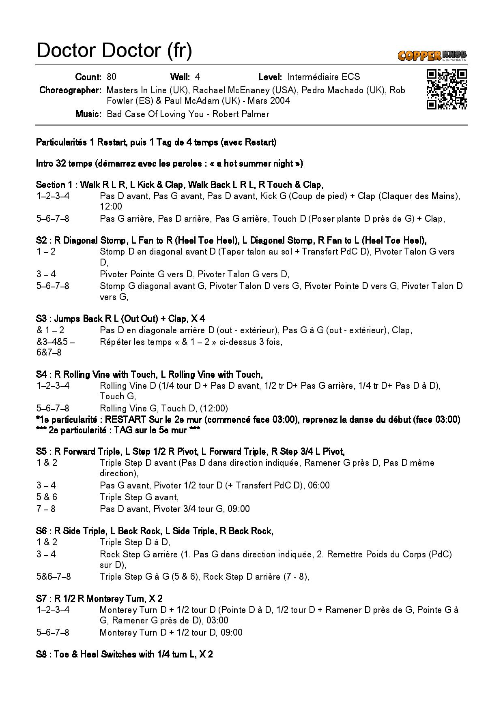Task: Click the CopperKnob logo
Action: [432, 55]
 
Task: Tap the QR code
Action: [447, 89]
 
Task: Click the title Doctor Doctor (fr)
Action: [114, 50]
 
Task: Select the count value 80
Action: [111, 77]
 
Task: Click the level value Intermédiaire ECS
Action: [323, 77]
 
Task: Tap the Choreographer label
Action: [70, 90]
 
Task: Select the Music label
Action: [88, 114]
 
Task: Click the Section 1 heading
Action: [179, 185]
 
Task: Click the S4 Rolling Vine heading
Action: [149, 375]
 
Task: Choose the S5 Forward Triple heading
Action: [190, 452]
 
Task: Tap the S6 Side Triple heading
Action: [155, 531]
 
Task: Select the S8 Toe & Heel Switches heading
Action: [124, 654]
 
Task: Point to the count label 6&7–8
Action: [49, 352]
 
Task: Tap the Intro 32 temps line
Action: [169, 164]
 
